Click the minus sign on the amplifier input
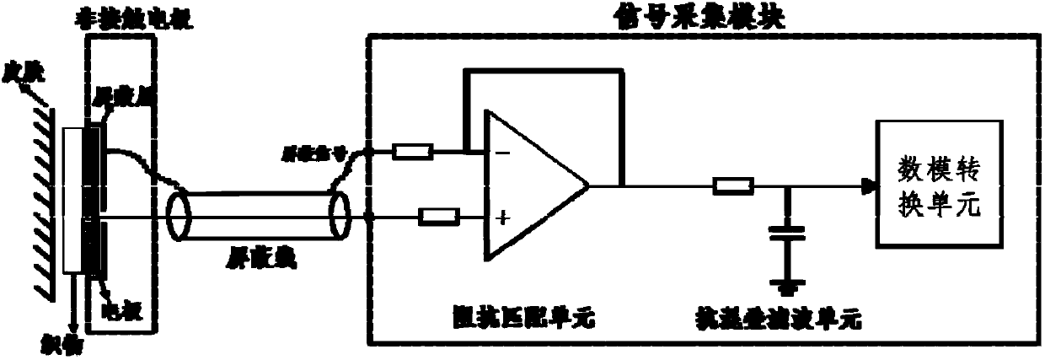(503, 154)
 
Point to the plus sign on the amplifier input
(503, 219)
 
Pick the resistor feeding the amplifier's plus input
(439, 218)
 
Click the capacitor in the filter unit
(788, 234)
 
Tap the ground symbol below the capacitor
(788, 287)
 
